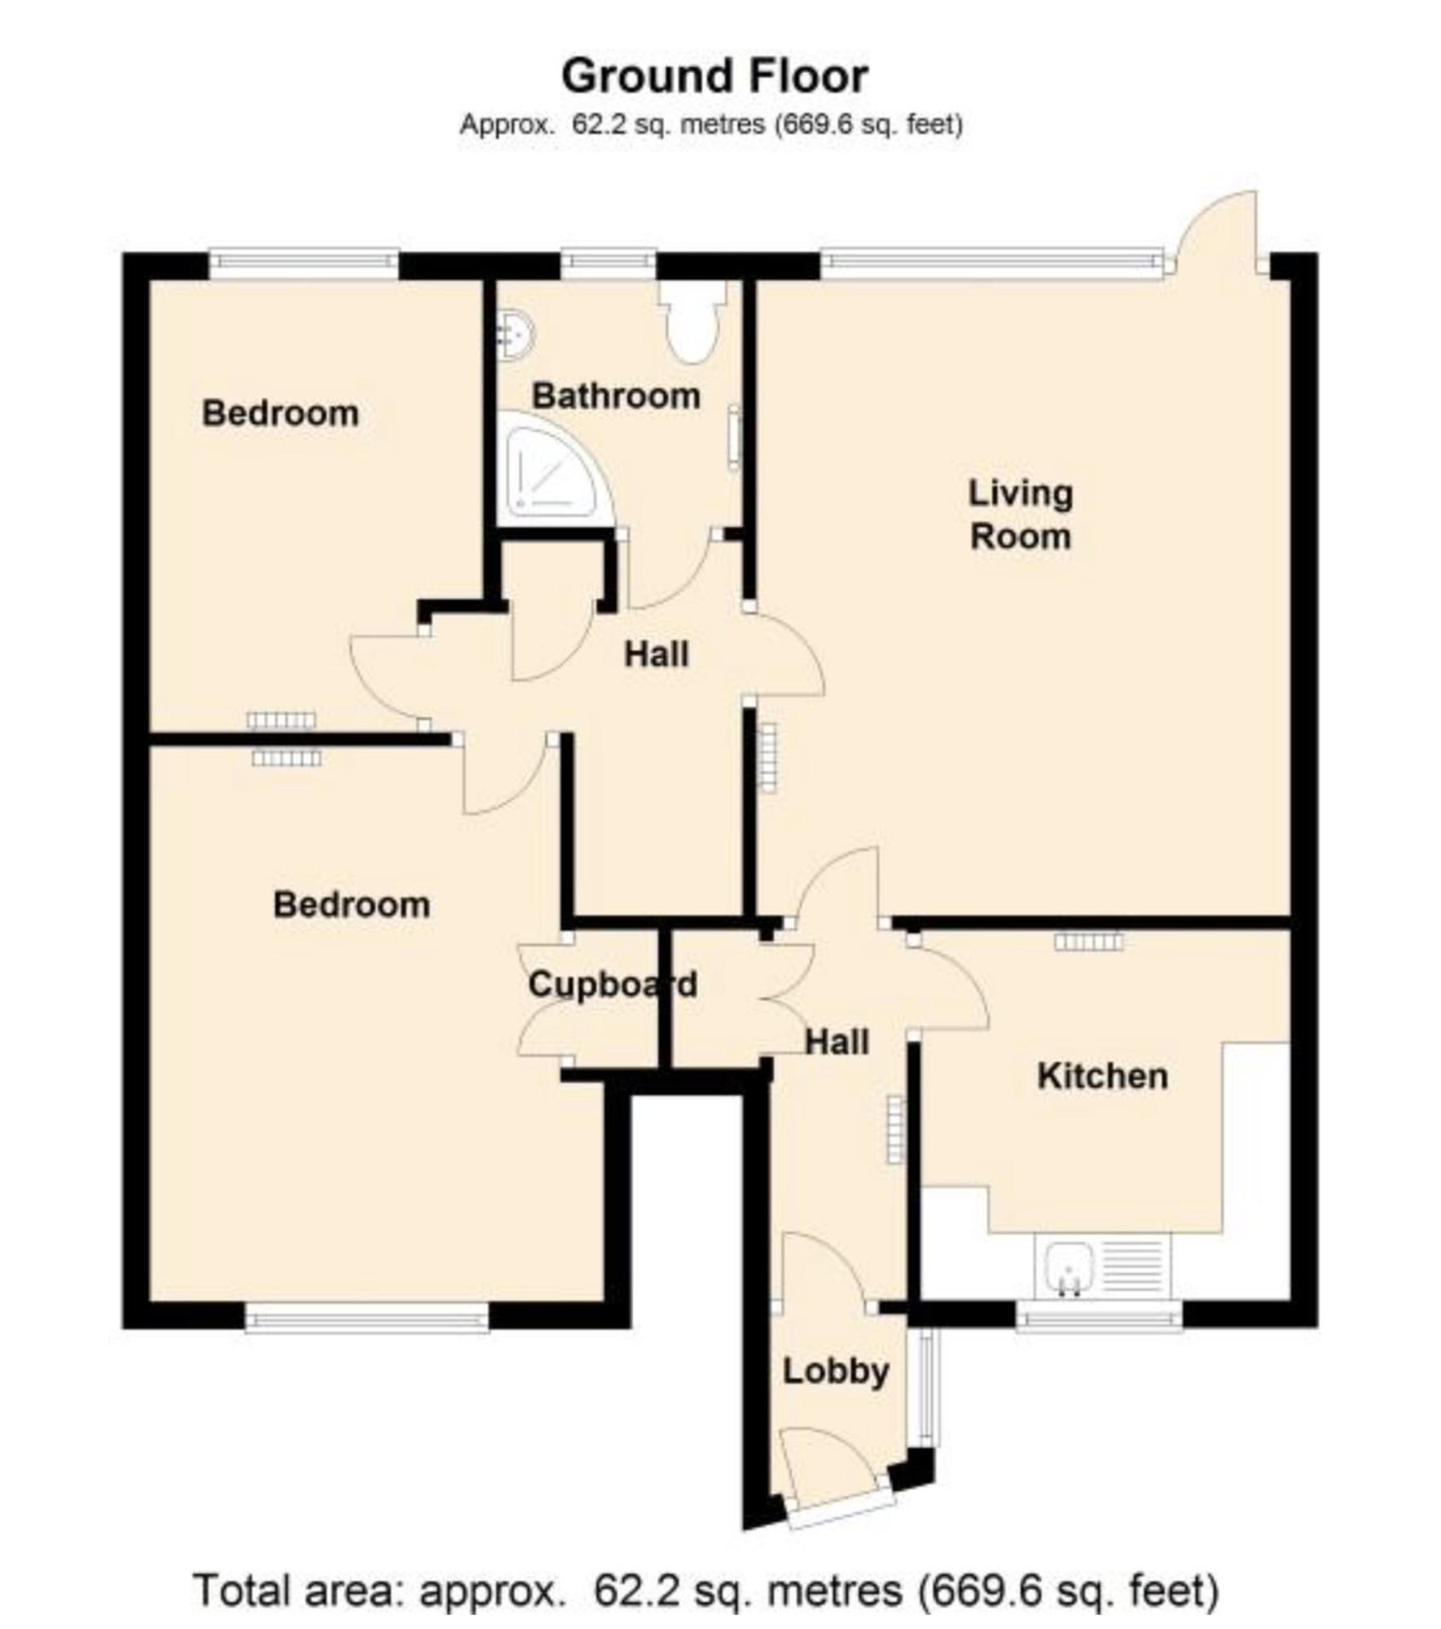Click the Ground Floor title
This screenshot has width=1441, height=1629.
[714, 77]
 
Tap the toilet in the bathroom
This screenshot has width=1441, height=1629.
[692, 322]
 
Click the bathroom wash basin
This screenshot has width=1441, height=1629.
[514, 334]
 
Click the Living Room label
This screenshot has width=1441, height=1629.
[1020, 515]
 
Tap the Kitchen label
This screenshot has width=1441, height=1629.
[1102, 1076]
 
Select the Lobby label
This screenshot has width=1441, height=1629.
[836, 1372]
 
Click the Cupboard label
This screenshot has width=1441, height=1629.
[612, 985]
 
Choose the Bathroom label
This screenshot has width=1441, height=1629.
[616, 397]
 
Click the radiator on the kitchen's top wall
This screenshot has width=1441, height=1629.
[1088, 942]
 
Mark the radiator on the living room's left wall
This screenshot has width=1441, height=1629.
[767, 757]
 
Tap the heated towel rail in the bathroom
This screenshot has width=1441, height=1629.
[734, 437]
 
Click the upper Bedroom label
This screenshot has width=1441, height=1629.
[280, 414]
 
